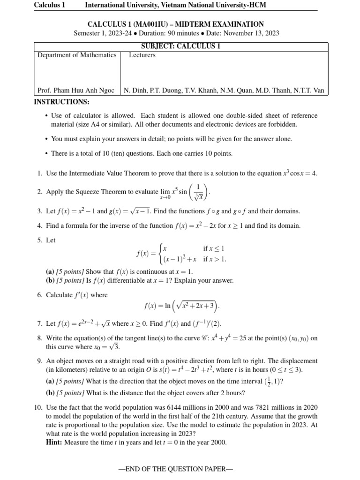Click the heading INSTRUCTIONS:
point(62,102)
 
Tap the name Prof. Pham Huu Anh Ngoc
point(75,90)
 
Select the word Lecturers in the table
point(142,55)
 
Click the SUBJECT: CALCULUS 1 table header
point(180,46)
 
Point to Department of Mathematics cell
point(77,55)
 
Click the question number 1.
point(39,173)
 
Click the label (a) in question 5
point(50,271)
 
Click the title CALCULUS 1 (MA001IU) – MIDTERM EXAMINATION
point(176,24)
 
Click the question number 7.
point(39,323)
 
